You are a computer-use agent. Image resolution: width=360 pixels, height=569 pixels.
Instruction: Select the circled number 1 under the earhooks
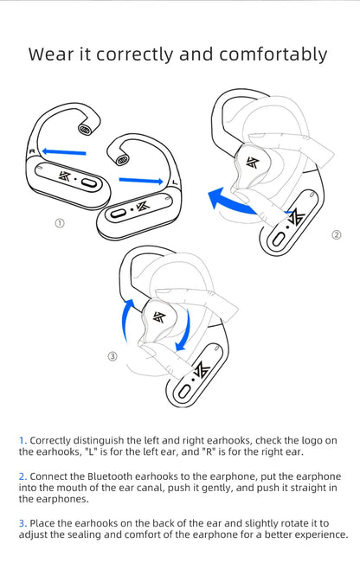[x=60, y=222]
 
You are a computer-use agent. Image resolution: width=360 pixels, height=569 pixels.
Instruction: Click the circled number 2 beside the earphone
[x=337, y=234]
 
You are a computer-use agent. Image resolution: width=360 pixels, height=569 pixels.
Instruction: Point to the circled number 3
[x=112, y=356]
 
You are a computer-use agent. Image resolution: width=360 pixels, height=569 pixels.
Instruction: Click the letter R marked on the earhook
[x=32, y=152]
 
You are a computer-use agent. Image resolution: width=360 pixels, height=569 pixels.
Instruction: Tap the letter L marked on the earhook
[x=176, y=182]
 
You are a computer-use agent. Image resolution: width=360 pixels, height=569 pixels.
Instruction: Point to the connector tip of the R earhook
[x=85, y=129]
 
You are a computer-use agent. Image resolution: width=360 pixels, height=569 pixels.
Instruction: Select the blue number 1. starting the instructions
[x=23, y=440]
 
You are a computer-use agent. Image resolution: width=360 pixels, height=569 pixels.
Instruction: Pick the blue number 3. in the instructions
[x=23, y=523]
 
